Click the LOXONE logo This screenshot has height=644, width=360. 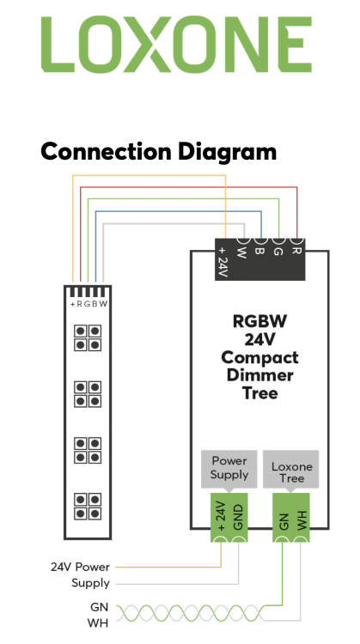(x=176, y=45)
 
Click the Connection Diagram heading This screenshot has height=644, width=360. (x=159, y=151)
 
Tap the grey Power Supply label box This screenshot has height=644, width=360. (x=229, y=469)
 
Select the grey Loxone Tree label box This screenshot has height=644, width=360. (x=291, y=469)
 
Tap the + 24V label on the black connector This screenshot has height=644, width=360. (x=223, y=262)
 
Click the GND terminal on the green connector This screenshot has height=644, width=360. (x=238, y=518)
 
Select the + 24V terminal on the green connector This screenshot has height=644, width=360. (x=220, y=518)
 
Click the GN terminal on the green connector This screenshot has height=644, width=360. (x=283, y=518)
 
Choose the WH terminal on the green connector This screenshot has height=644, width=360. (x=301, y=518)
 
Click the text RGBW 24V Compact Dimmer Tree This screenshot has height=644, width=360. (x=259, y=356)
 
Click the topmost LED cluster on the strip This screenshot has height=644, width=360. (x=88, y=337)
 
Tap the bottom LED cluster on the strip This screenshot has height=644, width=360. (x=88, y=507)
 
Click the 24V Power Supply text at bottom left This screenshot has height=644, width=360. (x=80, y=575)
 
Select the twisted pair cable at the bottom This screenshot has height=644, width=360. (x=189, y=613)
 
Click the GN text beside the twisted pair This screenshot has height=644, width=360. (x=99, y=607)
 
